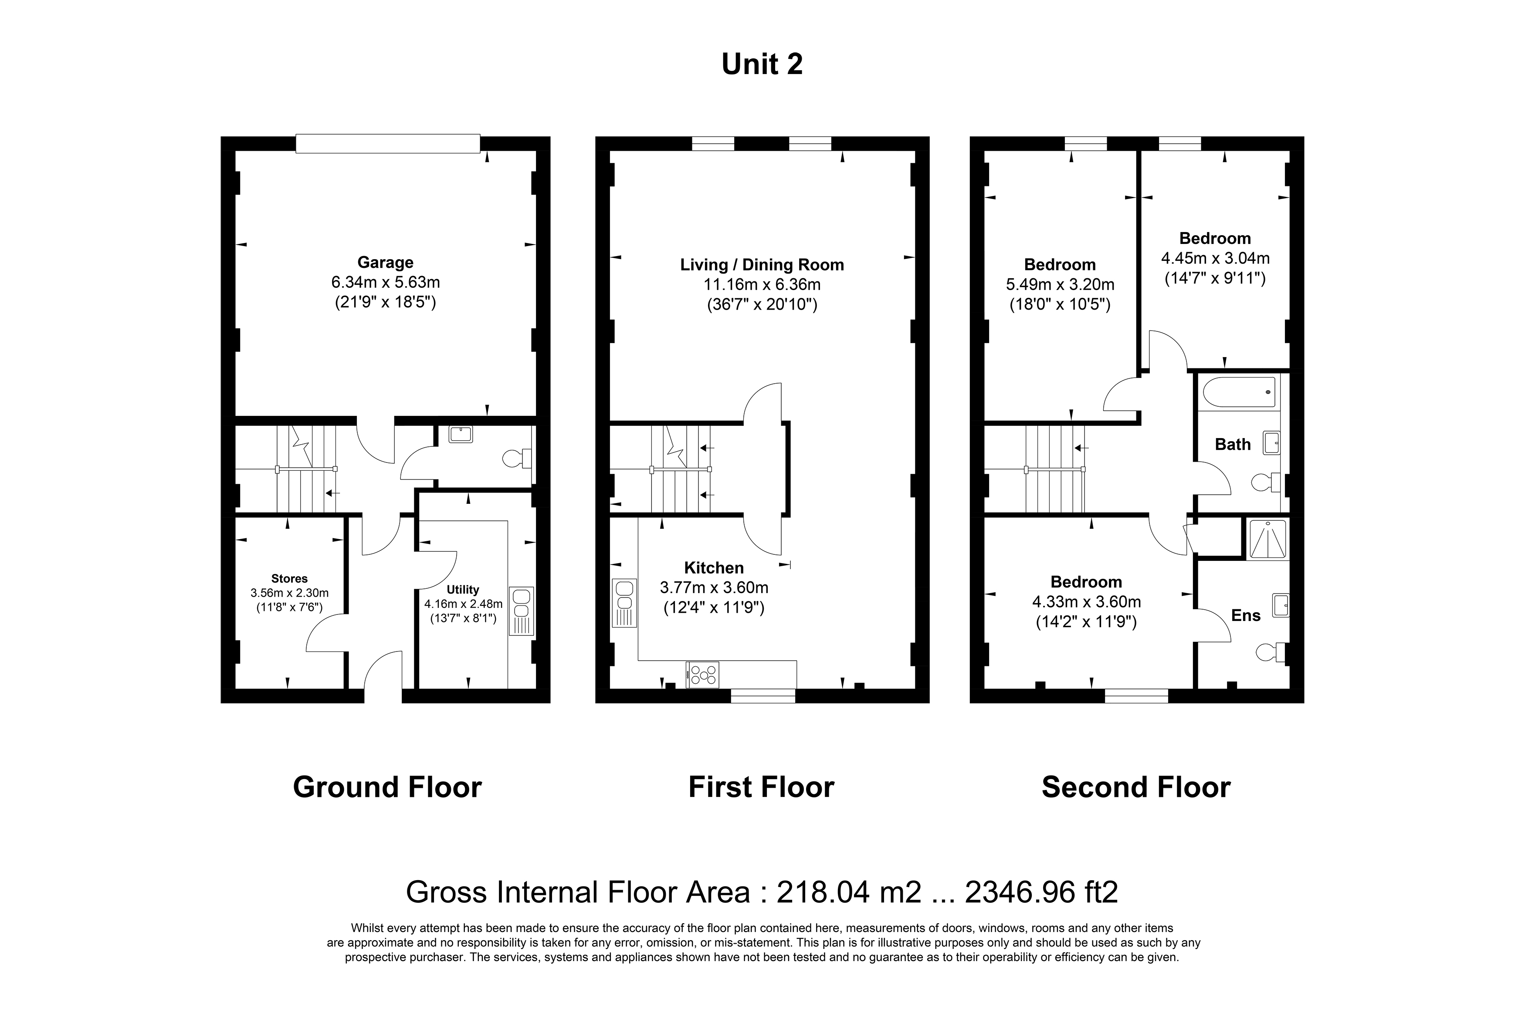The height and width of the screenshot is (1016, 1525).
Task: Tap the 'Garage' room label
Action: tap(385, 263)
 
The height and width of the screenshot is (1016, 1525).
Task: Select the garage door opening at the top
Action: tap(388, 143)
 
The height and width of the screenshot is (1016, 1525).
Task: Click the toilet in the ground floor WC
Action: tap(517, 459)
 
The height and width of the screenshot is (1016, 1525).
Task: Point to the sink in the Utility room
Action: tap(521, 611)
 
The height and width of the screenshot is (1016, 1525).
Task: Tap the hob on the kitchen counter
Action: tap(702, 674)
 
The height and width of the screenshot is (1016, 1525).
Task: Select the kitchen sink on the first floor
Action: tap(624, 603)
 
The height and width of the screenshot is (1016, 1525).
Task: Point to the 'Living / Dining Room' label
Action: tap(762, 265)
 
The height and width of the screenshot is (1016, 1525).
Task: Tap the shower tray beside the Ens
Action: tap(1267, 538)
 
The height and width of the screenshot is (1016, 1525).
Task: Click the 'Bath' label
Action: tap(1232, 445)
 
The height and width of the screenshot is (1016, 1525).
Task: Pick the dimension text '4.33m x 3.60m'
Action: tap(1086, 602)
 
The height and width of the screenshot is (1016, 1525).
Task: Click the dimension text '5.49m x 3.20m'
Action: tap(1060, 284)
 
